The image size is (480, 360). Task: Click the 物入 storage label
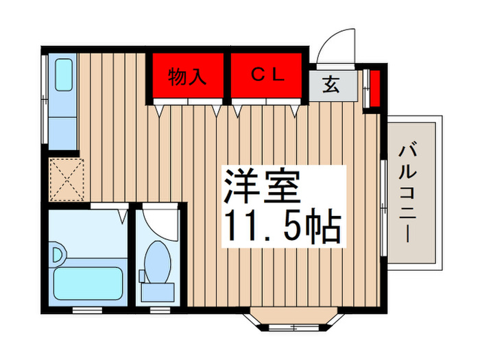tap(187, 77)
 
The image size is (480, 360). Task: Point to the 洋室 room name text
tap(261, 184)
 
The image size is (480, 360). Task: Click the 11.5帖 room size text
tap(281, 226)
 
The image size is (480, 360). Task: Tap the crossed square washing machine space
tap(66, 179)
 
